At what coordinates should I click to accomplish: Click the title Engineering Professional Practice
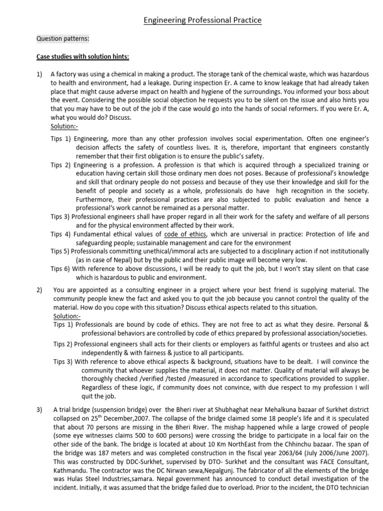tap(202, 20)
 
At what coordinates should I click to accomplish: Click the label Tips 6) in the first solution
tap(60, 268)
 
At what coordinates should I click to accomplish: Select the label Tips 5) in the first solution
tap(60, 251)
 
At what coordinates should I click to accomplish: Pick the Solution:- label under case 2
tap(67, 315)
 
